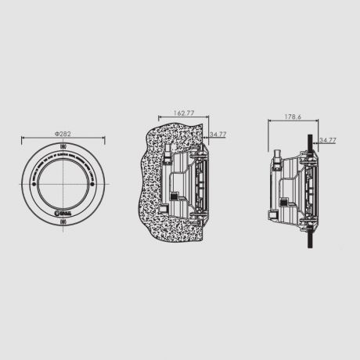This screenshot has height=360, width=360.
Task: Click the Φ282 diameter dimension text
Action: coord(63,134)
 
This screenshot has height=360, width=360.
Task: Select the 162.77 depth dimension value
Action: coord(183,113)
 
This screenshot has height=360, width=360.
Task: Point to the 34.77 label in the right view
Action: coord(328,140)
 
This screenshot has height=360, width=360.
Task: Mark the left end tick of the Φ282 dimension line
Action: coord(23,139)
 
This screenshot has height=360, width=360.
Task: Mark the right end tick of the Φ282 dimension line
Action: coord(103,139)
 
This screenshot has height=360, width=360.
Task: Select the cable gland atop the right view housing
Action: coord(277,161)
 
